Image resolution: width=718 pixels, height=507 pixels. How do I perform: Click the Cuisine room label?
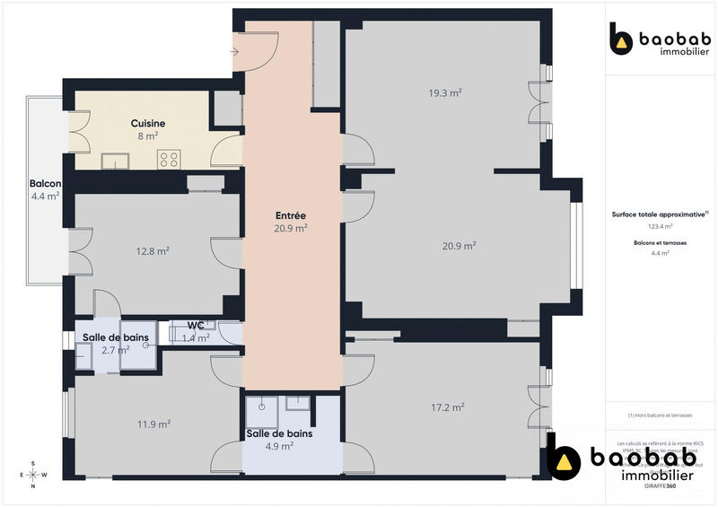pos(148,123)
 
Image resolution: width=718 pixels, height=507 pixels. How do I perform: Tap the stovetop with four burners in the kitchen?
pos(170,160)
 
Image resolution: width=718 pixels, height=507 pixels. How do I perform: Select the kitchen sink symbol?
pos(115,162)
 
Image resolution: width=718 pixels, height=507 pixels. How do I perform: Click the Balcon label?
pos(44,183)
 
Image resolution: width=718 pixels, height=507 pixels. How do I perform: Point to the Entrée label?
pos(291,215)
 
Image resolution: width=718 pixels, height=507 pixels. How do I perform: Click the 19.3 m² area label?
pos(444,92)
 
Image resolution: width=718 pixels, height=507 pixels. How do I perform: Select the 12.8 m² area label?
pos(153,251)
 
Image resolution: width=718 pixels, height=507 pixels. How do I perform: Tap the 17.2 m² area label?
pos(447,406)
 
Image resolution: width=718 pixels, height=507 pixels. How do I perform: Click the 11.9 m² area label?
pos(154,424)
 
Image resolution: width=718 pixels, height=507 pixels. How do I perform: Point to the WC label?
pos(197,326)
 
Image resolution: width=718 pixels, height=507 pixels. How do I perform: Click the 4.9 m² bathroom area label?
pos(280,446)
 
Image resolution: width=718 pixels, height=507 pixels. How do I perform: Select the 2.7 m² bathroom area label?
pos(116,350)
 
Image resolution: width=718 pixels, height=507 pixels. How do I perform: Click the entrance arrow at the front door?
pos(234,52)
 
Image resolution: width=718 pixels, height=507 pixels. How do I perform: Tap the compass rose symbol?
pos(33,475)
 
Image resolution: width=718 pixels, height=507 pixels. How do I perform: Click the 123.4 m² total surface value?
pos(661,227)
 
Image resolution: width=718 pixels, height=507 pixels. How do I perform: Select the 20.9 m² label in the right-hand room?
pos(459,245)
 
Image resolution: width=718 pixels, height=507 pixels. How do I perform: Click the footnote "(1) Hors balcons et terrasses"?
pos(661,415)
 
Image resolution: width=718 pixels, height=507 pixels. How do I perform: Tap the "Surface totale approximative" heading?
pos(660,214)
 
